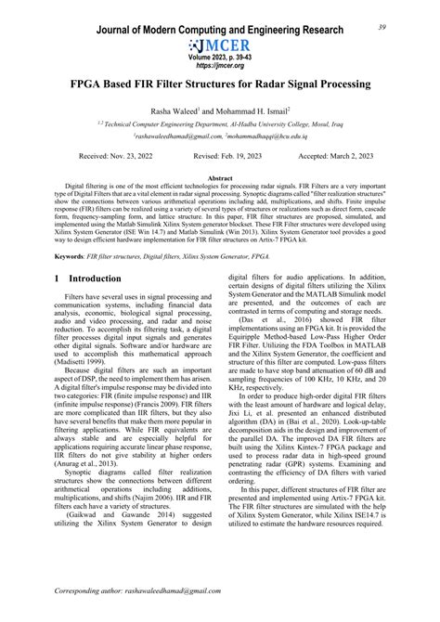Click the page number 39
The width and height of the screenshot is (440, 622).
pos(408,27)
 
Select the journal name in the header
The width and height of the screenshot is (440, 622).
pos(220,30)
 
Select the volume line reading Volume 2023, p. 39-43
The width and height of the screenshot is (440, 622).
pos(220,58)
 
